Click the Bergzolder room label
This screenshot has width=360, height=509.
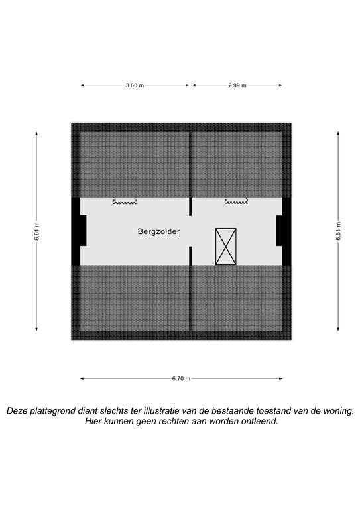(x=158, y=231)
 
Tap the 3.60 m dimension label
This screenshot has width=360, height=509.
(x=135, y=85)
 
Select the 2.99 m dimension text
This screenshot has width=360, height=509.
(x=237, y=85)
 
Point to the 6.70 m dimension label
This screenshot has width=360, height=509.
(x=182, y=378)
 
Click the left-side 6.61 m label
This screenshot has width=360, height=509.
(x=36, y=231)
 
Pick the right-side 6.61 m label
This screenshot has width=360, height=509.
(x=338, y=231)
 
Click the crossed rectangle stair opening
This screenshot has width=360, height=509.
(x=226, y=247)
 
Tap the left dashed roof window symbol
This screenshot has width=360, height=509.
(x=125, y=201)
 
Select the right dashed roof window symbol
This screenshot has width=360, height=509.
(x=237, y=201)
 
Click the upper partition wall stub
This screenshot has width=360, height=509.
(x=191, y=207)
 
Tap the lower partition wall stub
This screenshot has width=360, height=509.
(x=191, y=256)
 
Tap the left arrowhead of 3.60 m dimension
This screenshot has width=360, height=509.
(x=82, y=85)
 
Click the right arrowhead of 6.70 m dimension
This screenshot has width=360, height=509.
(x=280, y=378)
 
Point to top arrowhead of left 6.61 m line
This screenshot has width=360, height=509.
(x=36, y=134)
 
